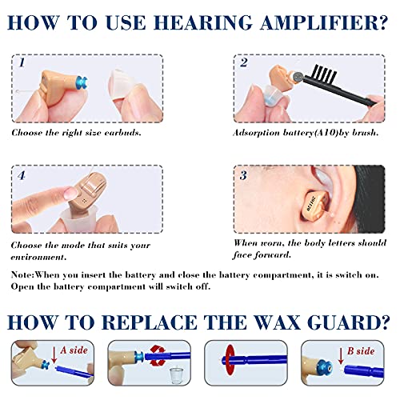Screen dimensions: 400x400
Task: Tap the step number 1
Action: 23,62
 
